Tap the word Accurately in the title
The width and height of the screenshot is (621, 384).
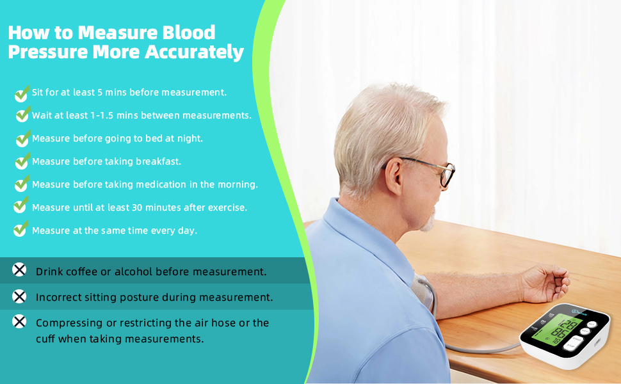coord(195,52)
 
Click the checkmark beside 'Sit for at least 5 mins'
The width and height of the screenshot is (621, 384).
coord(22,93)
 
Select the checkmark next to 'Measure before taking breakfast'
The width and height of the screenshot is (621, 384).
coord(22,163)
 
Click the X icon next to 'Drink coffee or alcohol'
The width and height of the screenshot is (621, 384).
coord(20,270)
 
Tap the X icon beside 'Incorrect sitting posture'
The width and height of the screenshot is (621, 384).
coord(20,296)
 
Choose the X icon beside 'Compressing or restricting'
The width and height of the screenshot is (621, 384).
coord(20,322)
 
